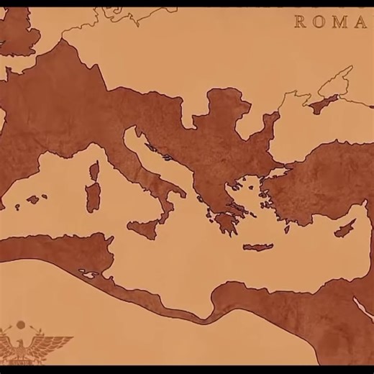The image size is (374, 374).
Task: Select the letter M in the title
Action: (x=340, y=22)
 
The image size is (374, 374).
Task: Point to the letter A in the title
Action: (x=360, y=22)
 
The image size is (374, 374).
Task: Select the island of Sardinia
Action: (x=93, y=196)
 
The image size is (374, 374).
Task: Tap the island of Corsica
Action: (x=94, y=171)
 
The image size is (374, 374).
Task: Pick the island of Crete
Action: (x=257, y=247)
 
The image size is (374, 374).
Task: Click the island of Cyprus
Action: (x=345, y=229)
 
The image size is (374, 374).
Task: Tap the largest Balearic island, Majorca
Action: (x=33, y=199)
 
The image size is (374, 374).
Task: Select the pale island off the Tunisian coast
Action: (x=89, y=274)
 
